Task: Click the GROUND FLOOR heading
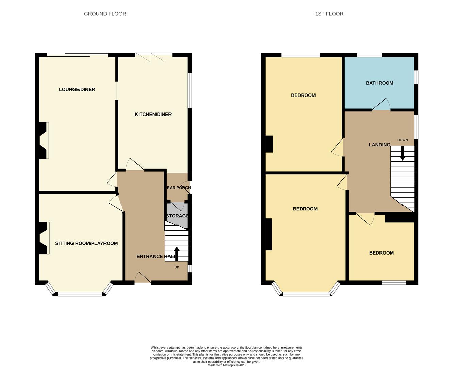105,14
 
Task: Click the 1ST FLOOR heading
329,14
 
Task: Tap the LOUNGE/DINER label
77,90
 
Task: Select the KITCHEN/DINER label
153,115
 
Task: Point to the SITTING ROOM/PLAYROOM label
86,243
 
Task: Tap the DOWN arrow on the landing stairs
402,154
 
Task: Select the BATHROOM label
379,83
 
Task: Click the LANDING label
379,145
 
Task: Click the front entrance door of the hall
143,278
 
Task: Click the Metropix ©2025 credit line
226,365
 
